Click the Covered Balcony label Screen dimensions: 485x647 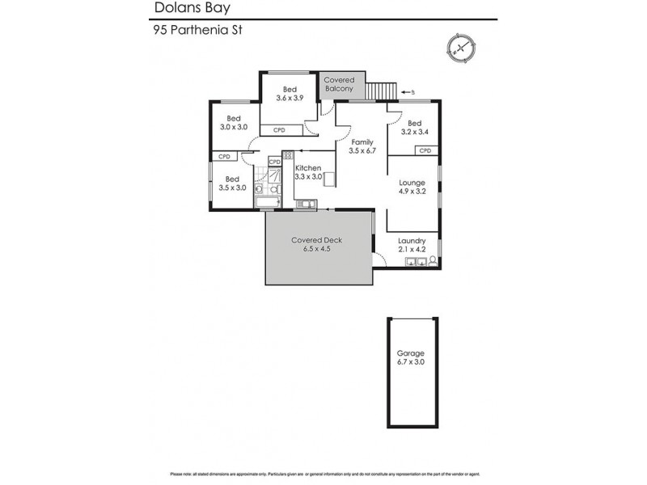tap(338, 85)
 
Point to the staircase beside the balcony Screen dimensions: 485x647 tap(383, 91)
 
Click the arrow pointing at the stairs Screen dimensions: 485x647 tap(408, 91)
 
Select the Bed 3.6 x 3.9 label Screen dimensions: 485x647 tap(290, 94)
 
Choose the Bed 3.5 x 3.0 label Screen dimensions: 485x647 tap(232, 183)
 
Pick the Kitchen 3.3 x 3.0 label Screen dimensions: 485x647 tap(308, 172)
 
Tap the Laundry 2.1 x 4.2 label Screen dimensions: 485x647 tap(412, 244)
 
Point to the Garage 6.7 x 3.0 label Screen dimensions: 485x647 tap(411, 358)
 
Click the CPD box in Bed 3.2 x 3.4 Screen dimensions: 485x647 tap(425, 150)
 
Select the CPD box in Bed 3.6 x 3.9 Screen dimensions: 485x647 tap(279, 129)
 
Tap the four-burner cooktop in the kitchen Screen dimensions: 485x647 tap(288, 155)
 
